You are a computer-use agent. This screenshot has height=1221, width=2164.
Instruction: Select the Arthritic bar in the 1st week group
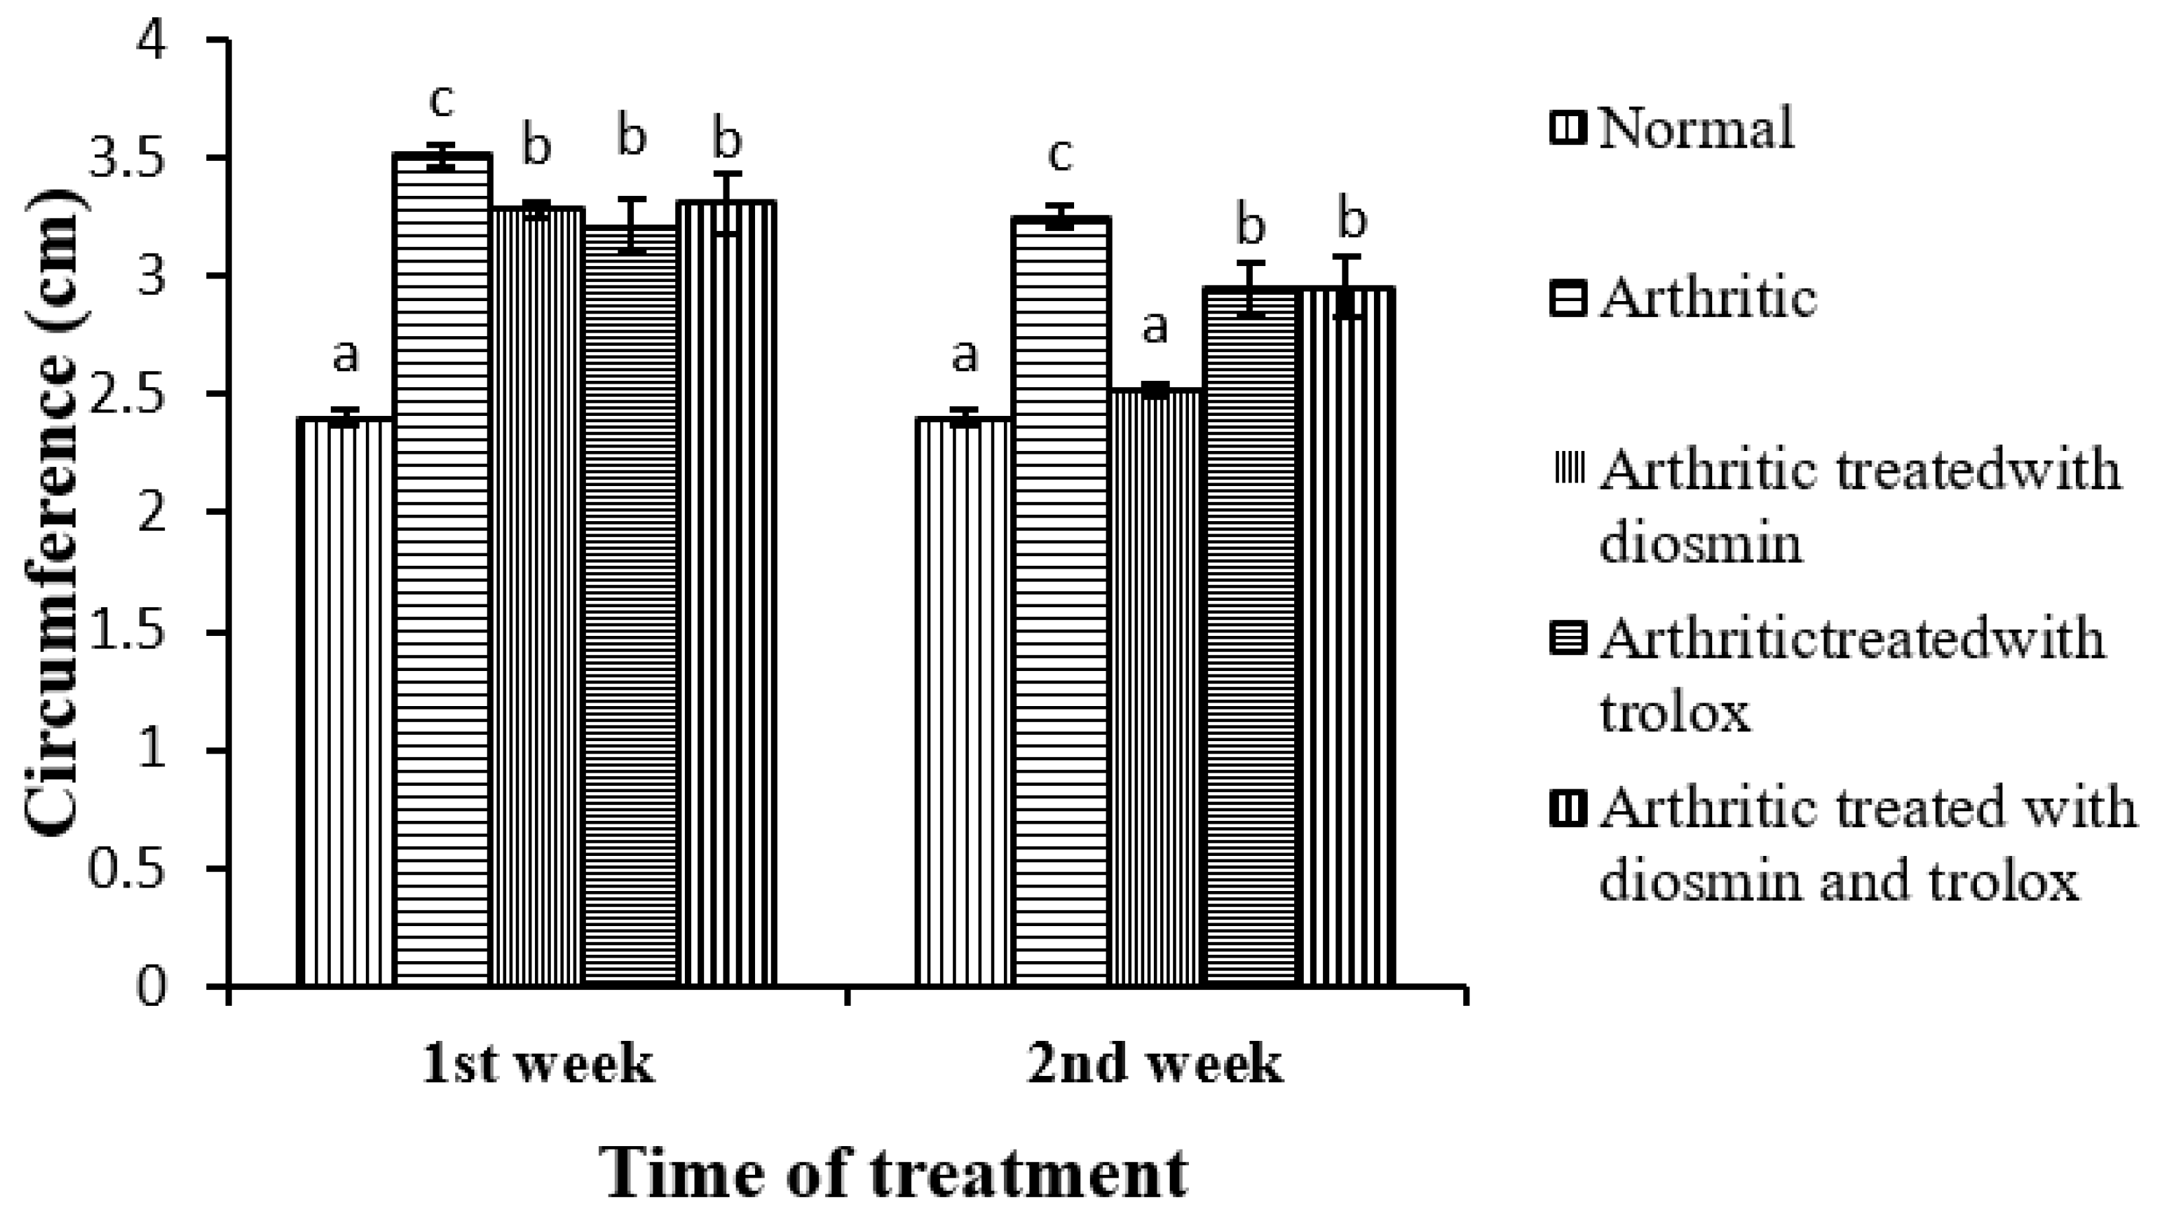(443, 571)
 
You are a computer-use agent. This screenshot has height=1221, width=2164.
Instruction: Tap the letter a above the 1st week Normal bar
(345, 357)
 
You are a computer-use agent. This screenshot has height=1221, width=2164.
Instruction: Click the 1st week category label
(538, 1064)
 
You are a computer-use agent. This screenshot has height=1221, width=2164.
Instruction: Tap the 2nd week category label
(1155, 1064)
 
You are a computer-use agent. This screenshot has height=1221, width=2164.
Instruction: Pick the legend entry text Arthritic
(1707, 298)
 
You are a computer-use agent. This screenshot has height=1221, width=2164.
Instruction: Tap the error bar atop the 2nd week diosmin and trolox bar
(1346, 285)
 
